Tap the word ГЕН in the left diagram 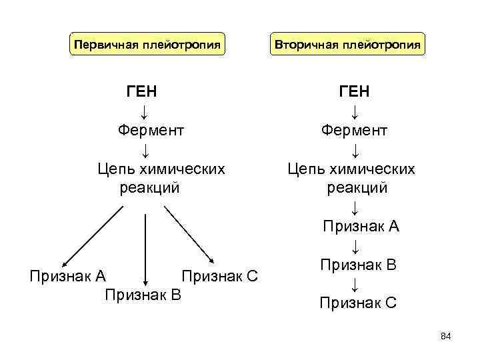(142, 91)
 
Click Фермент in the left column (151, 129)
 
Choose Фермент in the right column (354, 129)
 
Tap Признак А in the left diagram (68, 275)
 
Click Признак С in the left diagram (219, 275)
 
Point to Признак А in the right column (361, 227)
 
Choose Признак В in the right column (358, 265)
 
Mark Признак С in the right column (358, 303)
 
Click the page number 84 (446, 337)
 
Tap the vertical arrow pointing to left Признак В (145, 247)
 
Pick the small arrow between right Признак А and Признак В (356, 246)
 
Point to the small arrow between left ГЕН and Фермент (145, 110)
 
